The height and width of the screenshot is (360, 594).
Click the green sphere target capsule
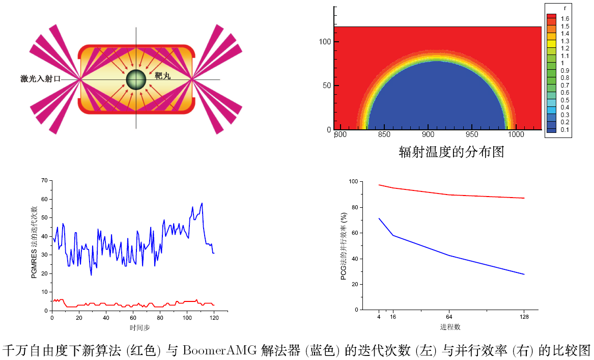point(136,79)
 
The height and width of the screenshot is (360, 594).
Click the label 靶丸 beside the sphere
point(162,76)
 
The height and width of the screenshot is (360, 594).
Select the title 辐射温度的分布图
point(451,152)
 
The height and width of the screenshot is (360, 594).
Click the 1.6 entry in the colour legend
point(565,19)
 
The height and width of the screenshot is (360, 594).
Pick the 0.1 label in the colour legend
point(565,130)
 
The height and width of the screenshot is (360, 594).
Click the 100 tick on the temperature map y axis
point(324,42)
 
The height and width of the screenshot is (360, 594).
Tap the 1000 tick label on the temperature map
point(516,135)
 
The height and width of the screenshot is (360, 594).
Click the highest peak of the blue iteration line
point(202,203)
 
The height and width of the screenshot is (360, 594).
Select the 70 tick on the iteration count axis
point(44,180)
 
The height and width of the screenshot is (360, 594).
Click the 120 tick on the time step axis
point(214,318)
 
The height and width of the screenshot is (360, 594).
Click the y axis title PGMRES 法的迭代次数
point(34,242)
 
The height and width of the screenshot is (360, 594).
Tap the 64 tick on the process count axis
point(449,317)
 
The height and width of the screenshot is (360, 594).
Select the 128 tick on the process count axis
point(524,317)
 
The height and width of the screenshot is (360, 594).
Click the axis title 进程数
point(450,326)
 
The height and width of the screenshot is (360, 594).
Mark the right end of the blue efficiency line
point(524,274)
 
